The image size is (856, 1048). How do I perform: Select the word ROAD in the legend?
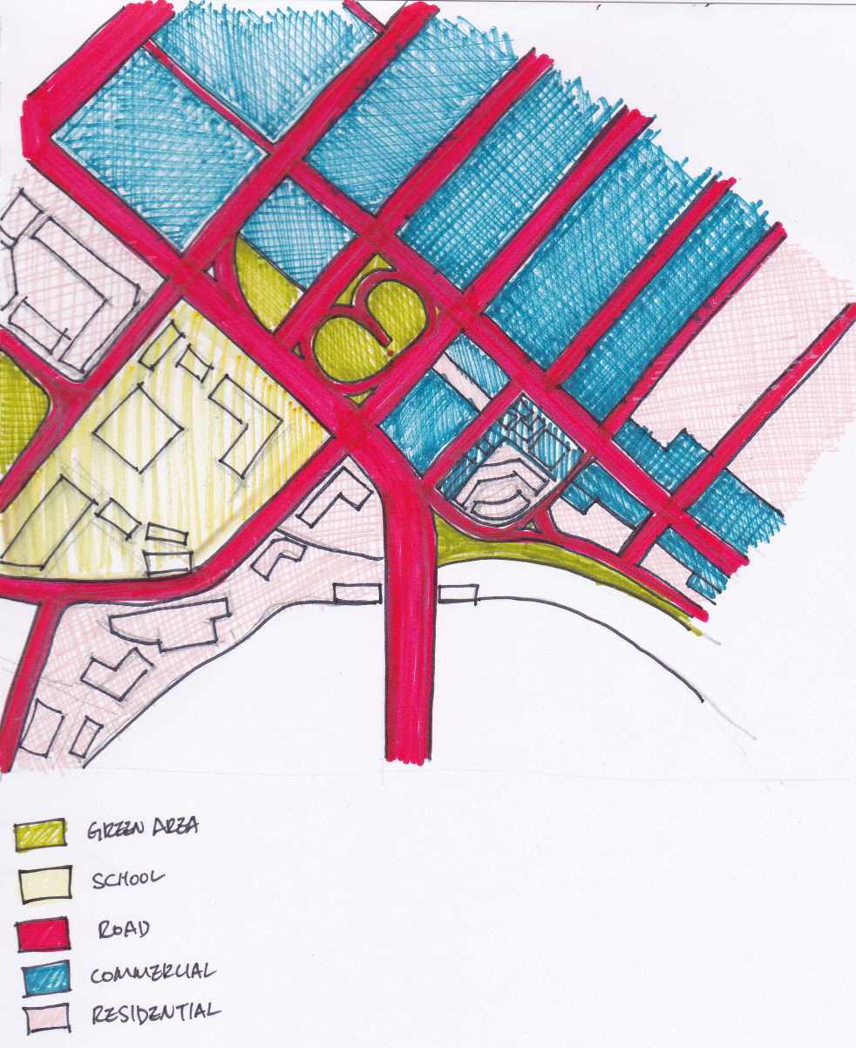[124, 929]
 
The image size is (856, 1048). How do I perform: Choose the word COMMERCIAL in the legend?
[153, 970]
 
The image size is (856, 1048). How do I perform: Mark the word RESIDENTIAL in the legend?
[155, 1013]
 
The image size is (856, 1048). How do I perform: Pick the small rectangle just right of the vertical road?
[458, 595]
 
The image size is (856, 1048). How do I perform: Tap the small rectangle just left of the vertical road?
[358, 594]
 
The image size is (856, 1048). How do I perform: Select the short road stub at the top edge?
[364, 12]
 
